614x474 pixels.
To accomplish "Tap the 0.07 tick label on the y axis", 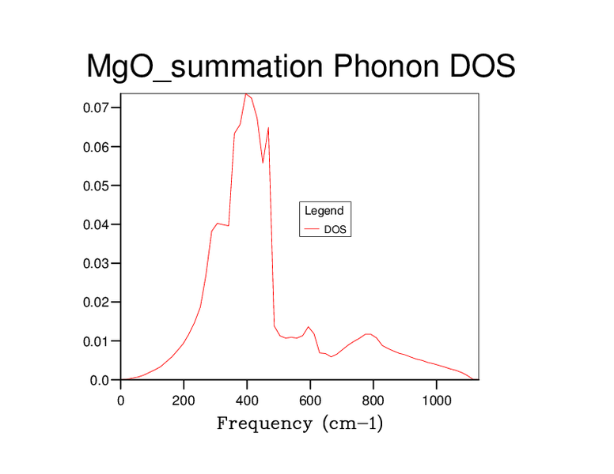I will tap(99, 107).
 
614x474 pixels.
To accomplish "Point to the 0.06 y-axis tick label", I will tap(99, 147).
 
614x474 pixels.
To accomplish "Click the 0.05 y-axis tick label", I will tap(99, 186).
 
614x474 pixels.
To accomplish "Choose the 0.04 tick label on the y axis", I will tap(99, 224).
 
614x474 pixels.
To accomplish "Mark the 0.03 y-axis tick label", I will tap(99, 263).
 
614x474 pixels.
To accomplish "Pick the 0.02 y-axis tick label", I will tap(99, 303).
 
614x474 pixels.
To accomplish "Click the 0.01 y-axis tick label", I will tap(99, 341).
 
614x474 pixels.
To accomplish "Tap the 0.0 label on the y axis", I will tap(102, 380).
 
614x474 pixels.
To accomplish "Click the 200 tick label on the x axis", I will tap(184, 400).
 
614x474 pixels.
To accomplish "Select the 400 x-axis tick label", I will tap(247, 400).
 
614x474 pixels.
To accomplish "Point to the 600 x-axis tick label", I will tap(310, 400).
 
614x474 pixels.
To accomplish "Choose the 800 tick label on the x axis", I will tap(373, 400).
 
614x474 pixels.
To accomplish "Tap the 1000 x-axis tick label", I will tap(436, 400).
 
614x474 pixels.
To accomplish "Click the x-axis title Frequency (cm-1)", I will tap(300, 424).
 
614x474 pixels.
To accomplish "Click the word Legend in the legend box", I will tap(324, 211).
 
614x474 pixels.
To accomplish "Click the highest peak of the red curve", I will tap(246, 94).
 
